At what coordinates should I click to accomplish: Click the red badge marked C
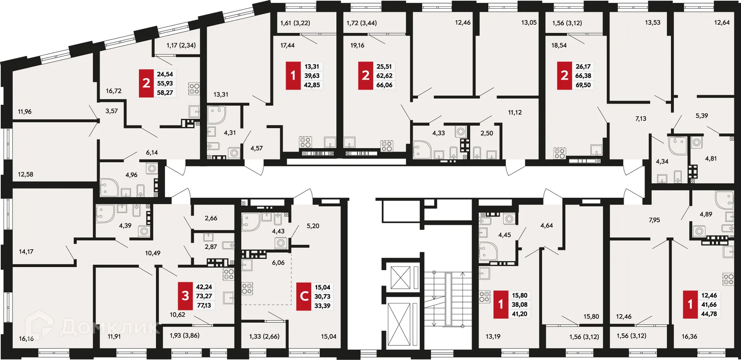304,296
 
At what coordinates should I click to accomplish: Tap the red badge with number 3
185,296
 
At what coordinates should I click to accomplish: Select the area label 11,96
25,112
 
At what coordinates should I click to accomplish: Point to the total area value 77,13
204,305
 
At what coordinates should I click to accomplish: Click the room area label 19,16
357,45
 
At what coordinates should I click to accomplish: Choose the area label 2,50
486,133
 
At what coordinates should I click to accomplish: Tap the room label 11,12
514,112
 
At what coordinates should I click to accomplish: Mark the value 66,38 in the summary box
583,76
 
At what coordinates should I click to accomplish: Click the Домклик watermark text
110,327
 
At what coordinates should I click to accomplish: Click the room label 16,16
26,338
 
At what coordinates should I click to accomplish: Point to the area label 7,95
654,220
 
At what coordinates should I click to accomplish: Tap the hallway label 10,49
152,253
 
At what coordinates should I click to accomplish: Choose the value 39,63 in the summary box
311,76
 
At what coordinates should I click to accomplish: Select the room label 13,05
529,22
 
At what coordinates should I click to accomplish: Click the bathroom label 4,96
131,175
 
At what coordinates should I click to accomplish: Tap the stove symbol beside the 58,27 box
194,89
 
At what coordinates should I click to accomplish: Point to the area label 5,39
701,115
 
